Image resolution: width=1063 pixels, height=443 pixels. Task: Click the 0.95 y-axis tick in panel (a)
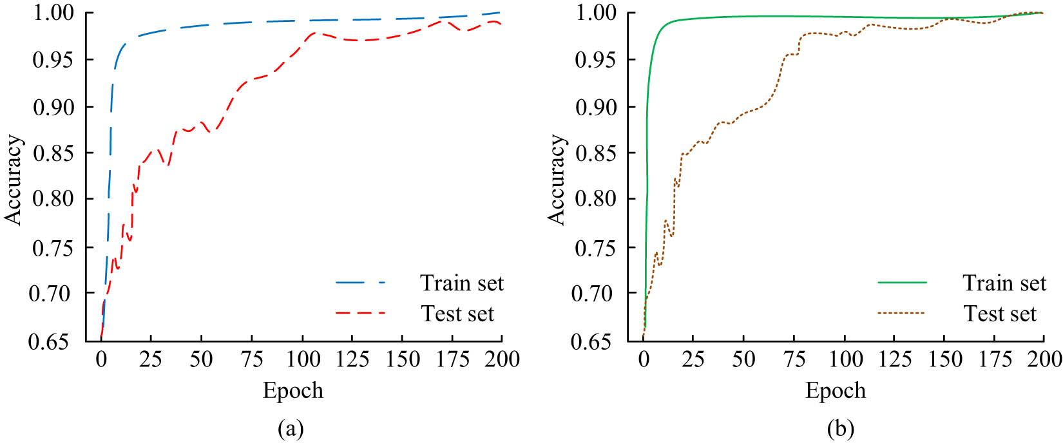53,60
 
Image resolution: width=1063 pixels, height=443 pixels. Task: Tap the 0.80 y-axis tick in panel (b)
596,199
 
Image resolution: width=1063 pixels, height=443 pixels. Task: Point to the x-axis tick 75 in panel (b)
794,359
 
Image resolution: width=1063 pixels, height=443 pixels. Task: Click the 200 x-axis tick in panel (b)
1044,359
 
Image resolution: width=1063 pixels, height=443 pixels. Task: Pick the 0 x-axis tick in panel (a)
101,359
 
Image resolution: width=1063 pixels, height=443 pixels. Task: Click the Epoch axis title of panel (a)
293,391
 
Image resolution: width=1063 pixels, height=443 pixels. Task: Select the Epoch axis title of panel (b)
836,391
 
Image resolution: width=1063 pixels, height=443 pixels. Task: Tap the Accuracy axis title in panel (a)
14,180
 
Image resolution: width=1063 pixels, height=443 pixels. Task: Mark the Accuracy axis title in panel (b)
557,180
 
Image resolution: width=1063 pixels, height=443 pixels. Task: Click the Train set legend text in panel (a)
462,283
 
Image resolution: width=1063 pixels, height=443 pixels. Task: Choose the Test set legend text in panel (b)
1000,314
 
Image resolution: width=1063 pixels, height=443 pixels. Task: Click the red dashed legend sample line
360,314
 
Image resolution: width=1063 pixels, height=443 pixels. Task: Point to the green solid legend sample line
902,283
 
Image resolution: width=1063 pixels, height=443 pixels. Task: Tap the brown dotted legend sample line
902,314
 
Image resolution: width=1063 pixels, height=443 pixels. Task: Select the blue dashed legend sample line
360,283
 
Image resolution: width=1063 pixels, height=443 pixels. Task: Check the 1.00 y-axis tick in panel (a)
53,13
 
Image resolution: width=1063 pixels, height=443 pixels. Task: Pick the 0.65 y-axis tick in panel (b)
596,341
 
